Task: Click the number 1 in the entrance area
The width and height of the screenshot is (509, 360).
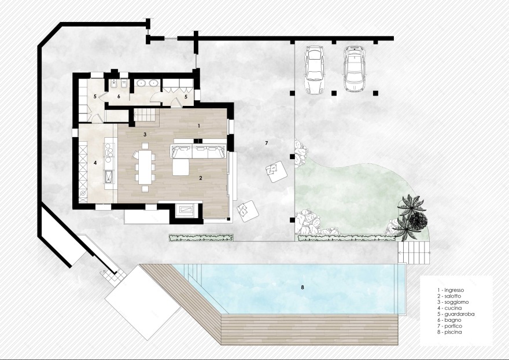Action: (x=199, y=126)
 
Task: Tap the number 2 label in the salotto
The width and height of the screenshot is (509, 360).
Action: (x=201, y=178)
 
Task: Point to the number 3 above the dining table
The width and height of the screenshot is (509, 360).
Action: (x=145, y=134)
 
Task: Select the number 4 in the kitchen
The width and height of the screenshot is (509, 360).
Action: (x=95, y=163)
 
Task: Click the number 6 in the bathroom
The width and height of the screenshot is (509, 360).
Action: (x=119, y=96)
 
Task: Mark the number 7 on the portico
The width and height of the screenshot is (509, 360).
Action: (x=267, y=143)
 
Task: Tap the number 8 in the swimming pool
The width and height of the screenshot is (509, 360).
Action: (x=303, y=287)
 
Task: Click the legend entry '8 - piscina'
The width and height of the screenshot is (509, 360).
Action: (x=449, y=332)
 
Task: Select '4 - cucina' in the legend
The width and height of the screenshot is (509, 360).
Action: (x=449, y=308)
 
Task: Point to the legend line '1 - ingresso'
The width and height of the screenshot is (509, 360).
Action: (x=451, y=290)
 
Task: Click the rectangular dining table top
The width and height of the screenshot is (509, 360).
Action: (x=145, y=167)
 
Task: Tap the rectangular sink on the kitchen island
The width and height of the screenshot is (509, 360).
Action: (x=108, y=177)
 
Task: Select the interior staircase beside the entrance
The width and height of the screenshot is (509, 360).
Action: (x=147, y=115)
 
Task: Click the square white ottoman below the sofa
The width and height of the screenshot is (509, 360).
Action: (x=180, y=167)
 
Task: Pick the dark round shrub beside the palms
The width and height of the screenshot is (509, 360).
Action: (x=417, y=221)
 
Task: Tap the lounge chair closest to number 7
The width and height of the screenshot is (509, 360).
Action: (x=276, y=172)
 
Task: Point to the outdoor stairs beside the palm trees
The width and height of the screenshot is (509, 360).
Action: (x=414, y=252)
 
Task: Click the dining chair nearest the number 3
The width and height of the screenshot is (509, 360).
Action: (x=145, y=146)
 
